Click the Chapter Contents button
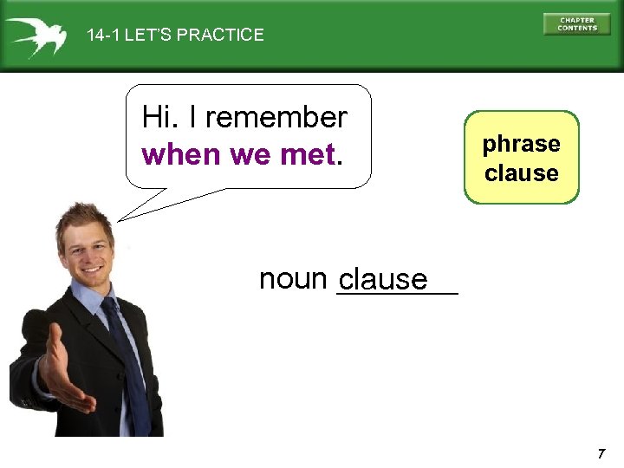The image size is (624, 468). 576,23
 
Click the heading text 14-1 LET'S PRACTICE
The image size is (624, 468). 175,36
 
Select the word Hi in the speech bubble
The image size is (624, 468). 157,117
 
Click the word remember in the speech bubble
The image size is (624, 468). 276,117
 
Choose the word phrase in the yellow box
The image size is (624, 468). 521,144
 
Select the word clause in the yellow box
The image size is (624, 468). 521,173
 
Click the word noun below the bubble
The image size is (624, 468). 292,278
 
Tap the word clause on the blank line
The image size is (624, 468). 383,280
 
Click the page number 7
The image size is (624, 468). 600,454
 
